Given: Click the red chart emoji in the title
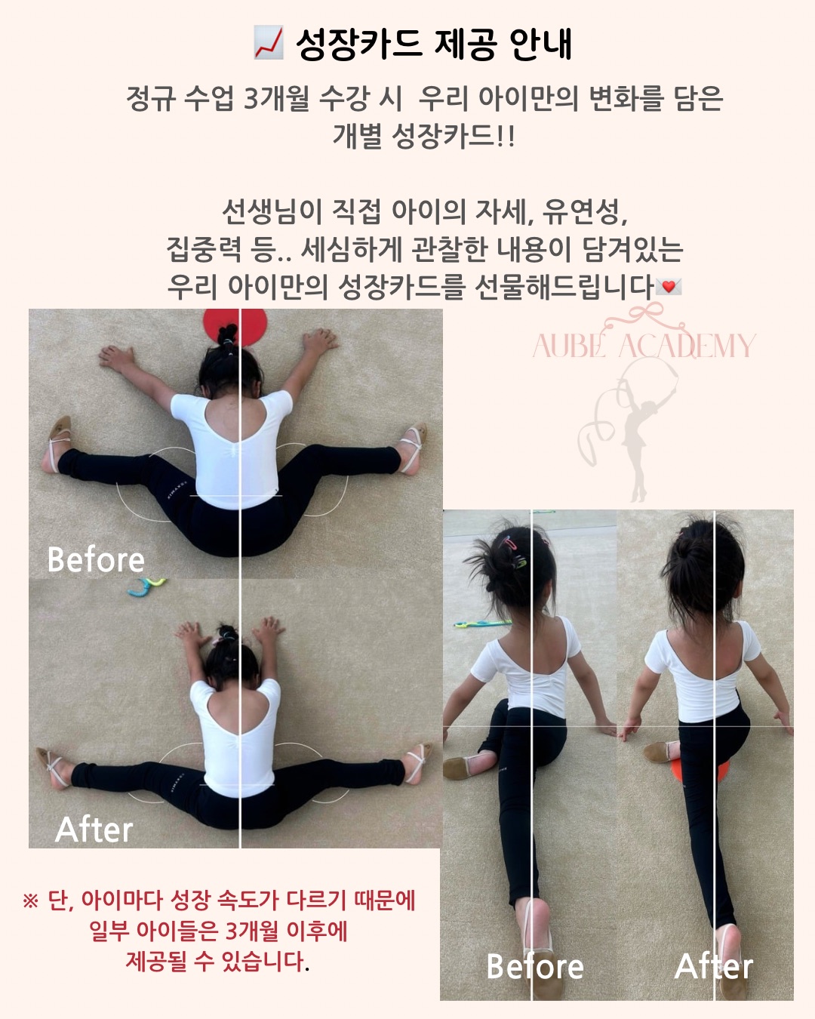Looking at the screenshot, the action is click(269, 43).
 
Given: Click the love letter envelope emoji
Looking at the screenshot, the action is click(668, 287).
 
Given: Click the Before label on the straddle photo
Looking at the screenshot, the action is click(96, 559).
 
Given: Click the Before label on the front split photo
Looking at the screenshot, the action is click(534, 965).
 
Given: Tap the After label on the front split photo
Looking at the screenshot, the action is click(714, 965).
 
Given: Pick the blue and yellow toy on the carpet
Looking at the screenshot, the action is click(146, 586).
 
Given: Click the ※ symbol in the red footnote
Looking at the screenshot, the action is click(30, 900).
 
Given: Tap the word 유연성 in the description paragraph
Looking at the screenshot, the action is click(585, 211).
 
